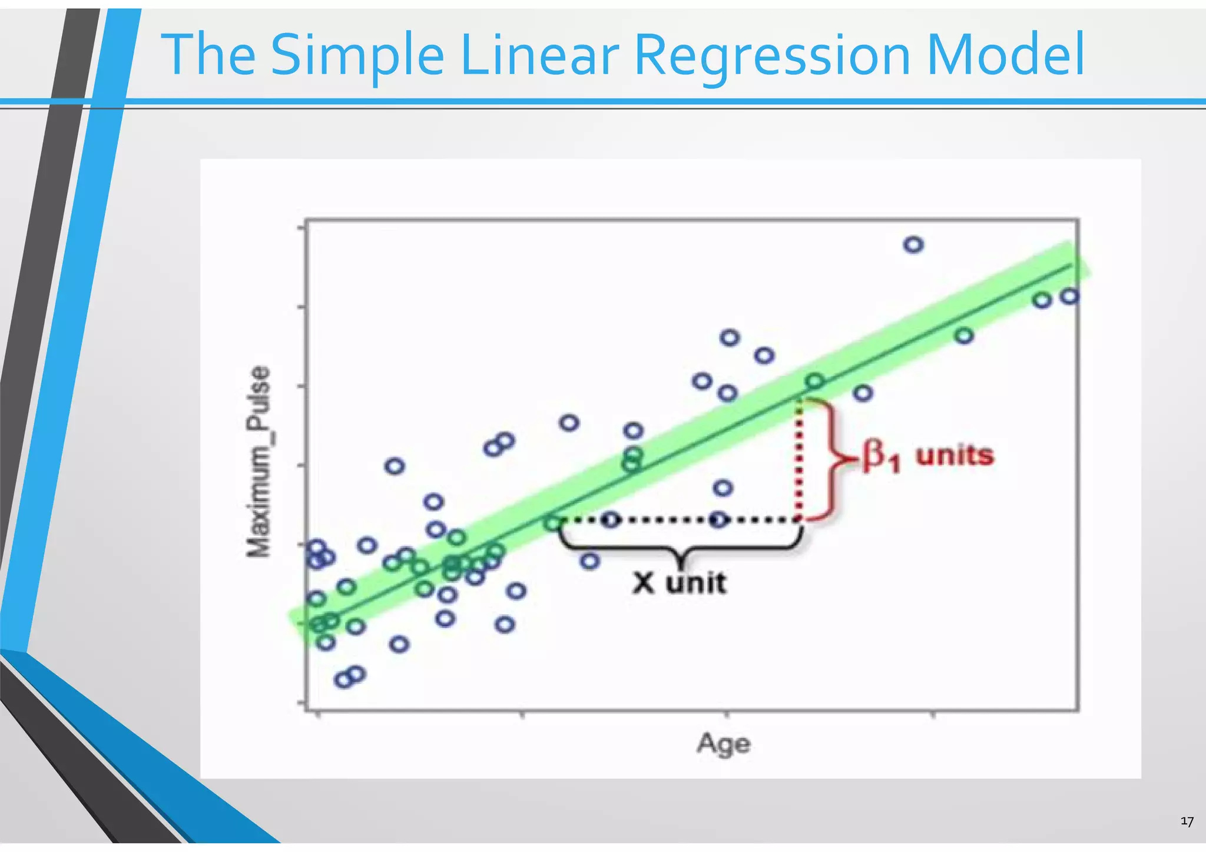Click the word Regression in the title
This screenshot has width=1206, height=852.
coord(772,56)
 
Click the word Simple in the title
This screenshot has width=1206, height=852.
coord(357,56)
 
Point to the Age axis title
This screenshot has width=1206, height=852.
coord(723,744)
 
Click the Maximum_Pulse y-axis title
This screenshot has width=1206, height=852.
coord(259,462)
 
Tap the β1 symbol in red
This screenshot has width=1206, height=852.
coord(880,456)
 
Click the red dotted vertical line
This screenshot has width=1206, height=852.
coord(799,459)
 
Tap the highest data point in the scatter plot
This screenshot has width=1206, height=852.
coord(913,244)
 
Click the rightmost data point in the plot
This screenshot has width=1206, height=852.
coord(1069,296)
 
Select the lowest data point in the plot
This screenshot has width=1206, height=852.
coord(343,680)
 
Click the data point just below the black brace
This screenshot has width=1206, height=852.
coord(589,561)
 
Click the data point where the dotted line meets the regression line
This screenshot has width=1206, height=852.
coord(552,522)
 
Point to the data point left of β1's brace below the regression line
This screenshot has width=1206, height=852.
coord(723,488)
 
